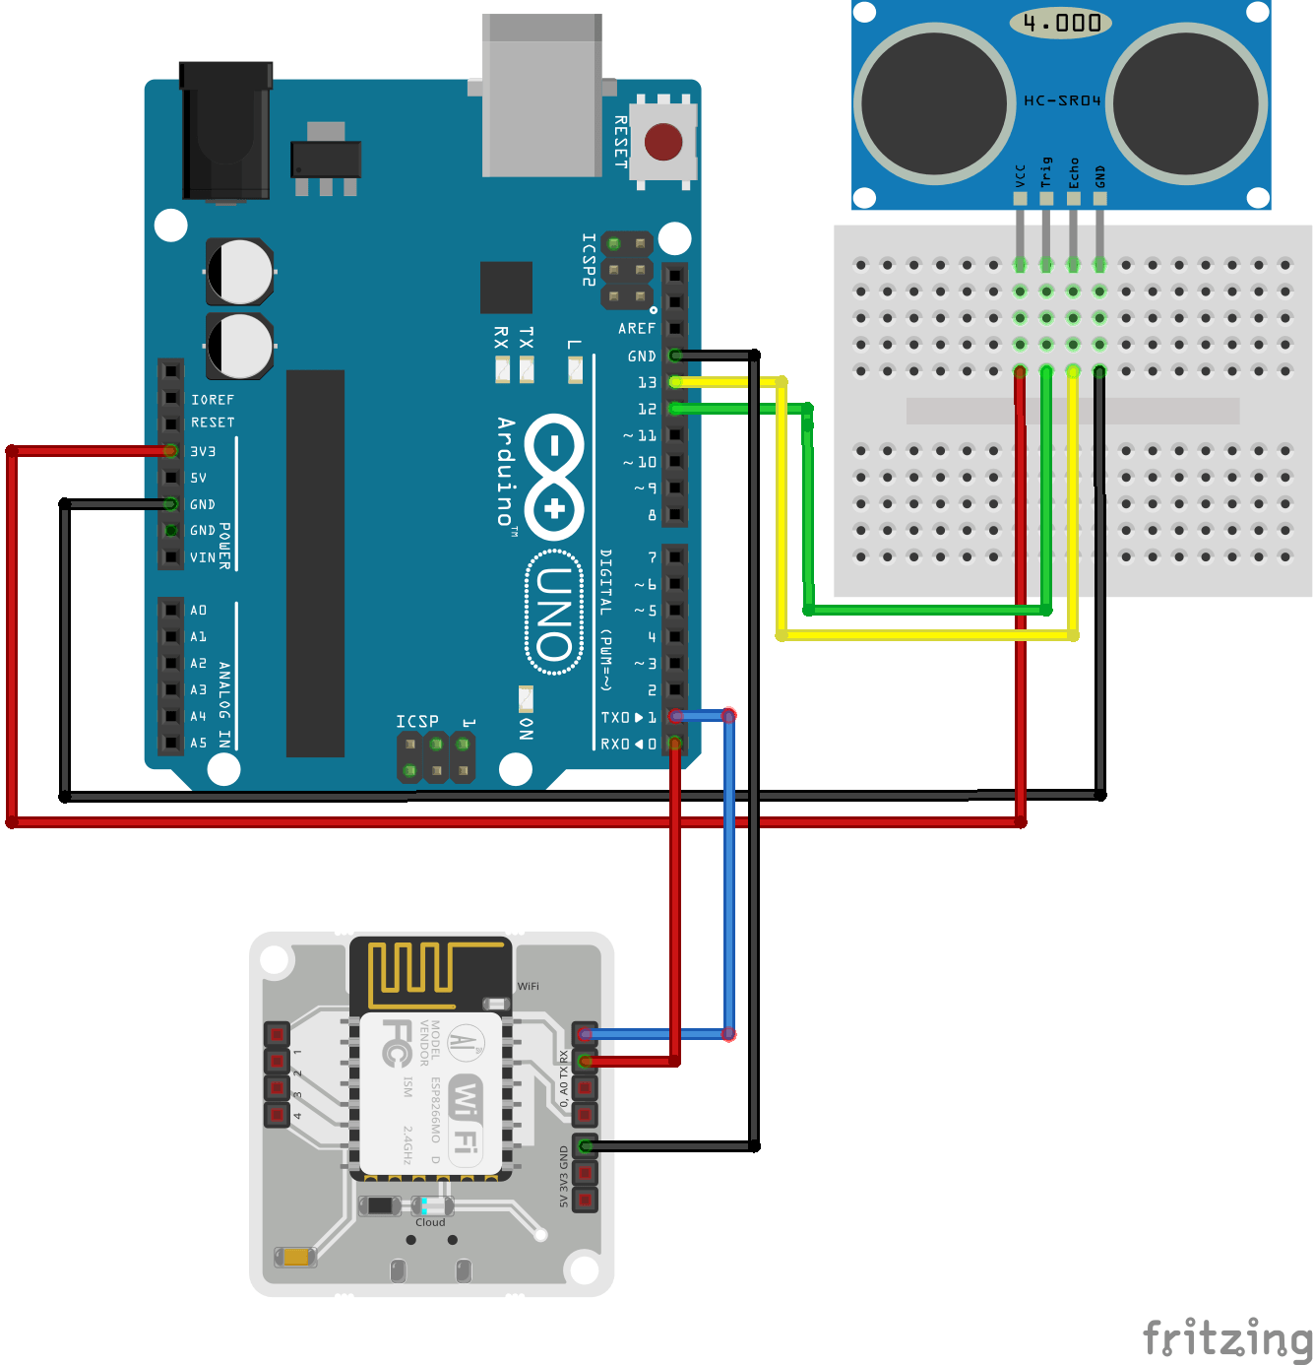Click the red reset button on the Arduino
[x=663, y=142]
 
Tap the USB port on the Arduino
[x=541, y=97]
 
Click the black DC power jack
[x=225, y=131]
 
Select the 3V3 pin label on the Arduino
[x=203, y=451]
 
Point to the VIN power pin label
[x=202, y=557]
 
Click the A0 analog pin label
[x=199, y=611]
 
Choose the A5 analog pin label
[x=199, y=743]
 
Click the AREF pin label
[x=636, y=328]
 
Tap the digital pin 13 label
[x=647, y=382]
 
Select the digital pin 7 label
[x=652, y=557]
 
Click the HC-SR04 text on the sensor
[x=1062, y=100]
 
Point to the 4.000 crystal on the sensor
[x=1061, y=23]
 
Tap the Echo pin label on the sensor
[x=1074, y=172]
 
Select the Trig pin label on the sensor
[x=1046, y=171]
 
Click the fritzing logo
[x=1226, y=1338]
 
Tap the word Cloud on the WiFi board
[x=430, y=1222]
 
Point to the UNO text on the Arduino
[x=554, y=613]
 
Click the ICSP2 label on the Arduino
[x=589, y=259]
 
